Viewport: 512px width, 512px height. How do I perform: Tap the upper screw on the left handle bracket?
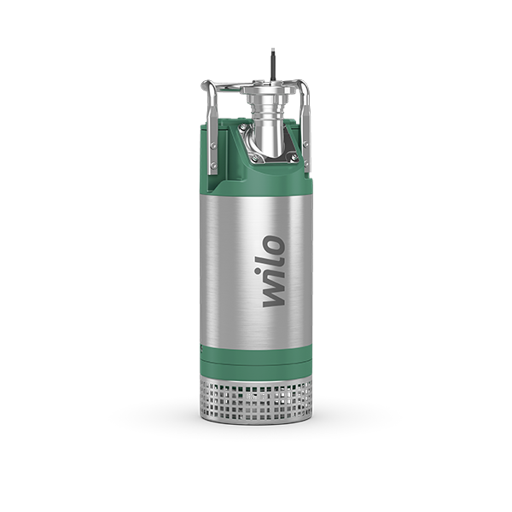(x=213, y=146)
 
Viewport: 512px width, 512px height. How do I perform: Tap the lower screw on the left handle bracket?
(x=213, y=166)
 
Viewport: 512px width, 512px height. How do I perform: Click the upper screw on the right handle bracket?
(x=306, y=143)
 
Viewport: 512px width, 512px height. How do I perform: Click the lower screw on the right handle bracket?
(x=306, y=162)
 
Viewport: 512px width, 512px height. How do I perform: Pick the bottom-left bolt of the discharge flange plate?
(x=254, y=159)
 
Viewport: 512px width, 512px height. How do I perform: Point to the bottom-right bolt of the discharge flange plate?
(x=294, y=158)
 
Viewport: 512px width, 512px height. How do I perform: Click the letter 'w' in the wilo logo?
(x=274, y=294)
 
